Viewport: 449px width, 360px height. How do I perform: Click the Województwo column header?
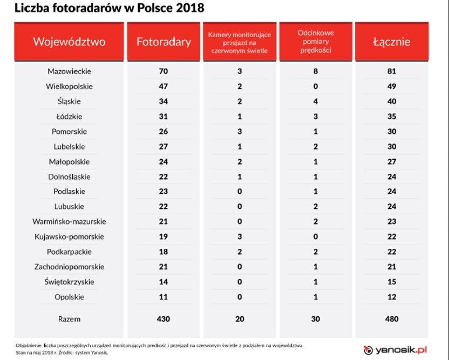coord(69,42)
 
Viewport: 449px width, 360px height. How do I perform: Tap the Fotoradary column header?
coord(164,42)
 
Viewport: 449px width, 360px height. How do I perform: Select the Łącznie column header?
coord(391,42)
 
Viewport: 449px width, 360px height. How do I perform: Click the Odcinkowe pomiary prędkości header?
coord(316,42)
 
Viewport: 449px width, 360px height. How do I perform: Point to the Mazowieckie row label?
coord(69,71)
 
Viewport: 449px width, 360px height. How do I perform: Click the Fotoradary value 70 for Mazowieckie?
coord(164,71)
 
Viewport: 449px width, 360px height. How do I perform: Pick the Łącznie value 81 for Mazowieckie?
coord(391,71)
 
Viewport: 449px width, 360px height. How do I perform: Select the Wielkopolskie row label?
coord(69,86)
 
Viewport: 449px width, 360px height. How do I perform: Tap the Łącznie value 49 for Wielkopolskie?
coord(391,86)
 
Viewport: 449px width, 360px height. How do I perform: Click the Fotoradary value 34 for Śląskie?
coord(164,101)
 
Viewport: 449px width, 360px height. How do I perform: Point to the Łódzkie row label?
coord(69,117)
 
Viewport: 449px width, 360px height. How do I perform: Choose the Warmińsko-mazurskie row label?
coord(69,222)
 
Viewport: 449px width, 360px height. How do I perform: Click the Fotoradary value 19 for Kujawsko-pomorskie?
coord(164,237)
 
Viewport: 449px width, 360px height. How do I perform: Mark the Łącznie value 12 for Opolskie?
coord(391,297)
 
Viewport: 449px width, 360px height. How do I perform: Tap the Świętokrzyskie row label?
coord(69,282)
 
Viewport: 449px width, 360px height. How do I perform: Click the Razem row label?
coord(69,319)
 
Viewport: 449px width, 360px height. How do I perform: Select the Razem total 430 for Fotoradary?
coord(164,319)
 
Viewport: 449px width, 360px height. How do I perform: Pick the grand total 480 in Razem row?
coord(391,319)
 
